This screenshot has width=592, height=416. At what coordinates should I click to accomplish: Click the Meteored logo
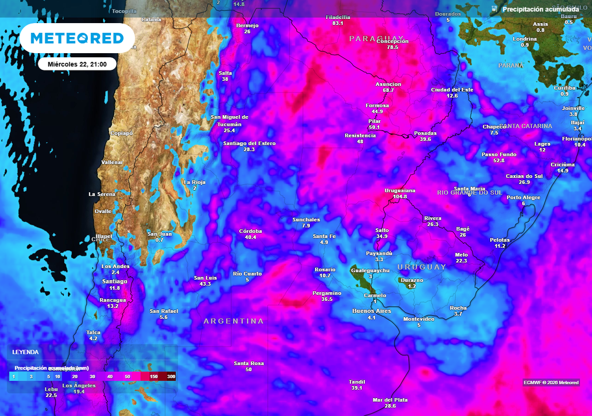77,38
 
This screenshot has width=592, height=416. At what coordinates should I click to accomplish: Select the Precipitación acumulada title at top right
540,9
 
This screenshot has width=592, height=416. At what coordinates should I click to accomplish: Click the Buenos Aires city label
372,311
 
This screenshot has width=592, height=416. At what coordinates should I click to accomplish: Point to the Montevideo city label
419,319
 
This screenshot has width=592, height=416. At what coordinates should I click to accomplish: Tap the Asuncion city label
388,84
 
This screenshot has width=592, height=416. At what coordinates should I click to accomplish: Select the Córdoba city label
250,231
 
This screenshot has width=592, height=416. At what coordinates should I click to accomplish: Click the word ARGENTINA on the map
234,321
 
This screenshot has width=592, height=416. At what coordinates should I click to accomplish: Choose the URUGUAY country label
421,267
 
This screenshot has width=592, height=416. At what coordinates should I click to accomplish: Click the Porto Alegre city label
523,198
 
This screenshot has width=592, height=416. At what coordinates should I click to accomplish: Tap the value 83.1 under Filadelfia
338,24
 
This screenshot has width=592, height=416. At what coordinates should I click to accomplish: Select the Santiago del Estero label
249,143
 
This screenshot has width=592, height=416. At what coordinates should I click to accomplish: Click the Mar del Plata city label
390,400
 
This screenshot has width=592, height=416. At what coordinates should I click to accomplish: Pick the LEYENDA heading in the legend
25,352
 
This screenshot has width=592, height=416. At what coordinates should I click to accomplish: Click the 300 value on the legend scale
171,376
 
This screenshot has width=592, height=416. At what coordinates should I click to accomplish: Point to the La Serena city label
102,194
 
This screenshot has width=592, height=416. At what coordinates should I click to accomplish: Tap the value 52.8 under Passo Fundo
499,161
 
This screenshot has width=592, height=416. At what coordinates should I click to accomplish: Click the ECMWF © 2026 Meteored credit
551,382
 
